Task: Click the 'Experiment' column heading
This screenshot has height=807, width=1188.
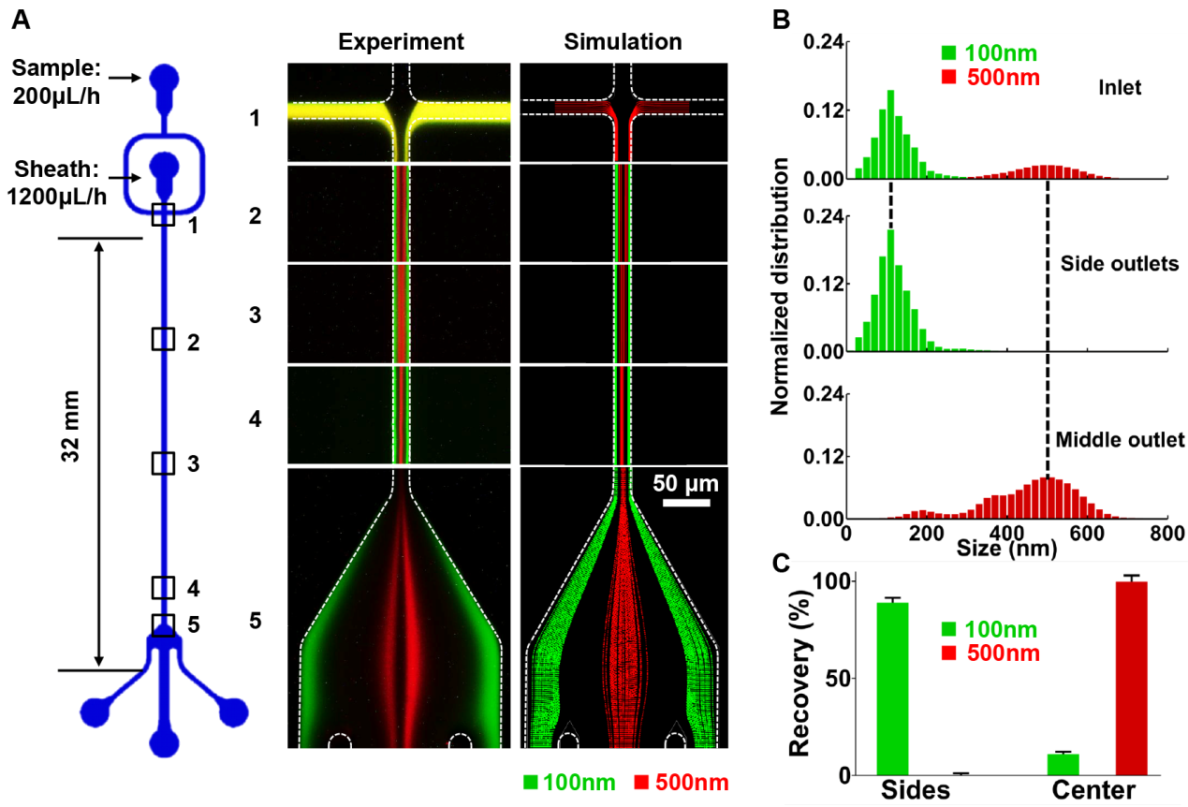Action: click(x=402, y=42)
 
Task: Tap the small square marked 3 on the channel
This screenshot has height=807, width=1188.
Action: click(x=164, y=462)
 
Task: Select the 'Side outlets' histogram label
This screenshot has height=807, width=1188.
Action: click(x=1119, y=264)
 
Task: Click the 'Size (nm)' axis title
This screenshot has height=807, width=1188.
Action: click(x=1006, y=549)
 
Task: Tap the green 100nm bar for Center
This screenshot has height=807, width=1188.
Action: click(x=1063, y=765)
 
